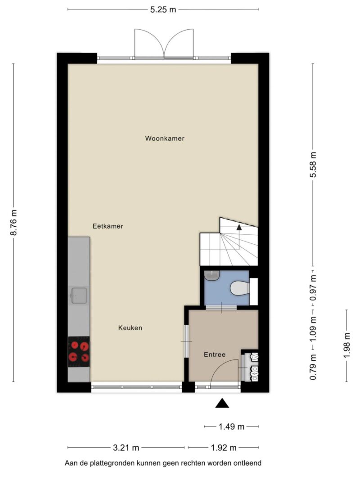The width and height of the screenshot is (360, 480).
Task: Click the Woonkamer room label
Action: tap(165, 139)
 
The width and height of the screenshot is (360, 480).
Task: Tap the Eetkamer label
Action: tap(108, 226)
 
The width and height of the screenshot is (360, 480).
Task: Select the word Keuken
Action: tap(130, 328)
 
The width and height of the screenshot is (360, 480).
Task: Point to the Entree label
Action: tap(215, 354)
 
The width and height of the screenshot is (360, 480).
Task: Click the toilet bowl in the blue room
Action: tap(240, 288)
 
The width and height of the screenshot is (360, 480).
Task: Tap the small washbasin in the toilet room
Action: tap(211, 275)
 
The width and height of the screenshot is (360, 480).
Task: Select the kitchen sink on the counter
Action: tap(79, 296)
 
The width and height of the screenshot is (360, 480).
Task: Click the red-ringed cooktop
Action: tap(79, 351)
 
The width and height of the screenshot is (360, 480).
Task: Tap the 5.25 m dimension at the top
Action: tap(163, 9)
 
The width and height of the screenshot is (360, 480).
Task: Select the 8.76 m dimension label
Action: tap(13, 223)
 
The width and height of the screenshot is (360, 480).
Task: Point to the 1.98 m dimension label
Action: tap(346, 345)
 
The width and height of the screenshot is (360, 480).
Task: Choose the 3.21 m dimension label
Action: tap(126, 448)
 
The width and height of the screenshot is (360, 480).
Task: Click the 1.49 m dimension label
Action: tap(231, 426)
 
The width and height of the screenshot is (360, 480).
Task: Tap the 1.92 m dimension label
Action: tap(224, 448)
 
